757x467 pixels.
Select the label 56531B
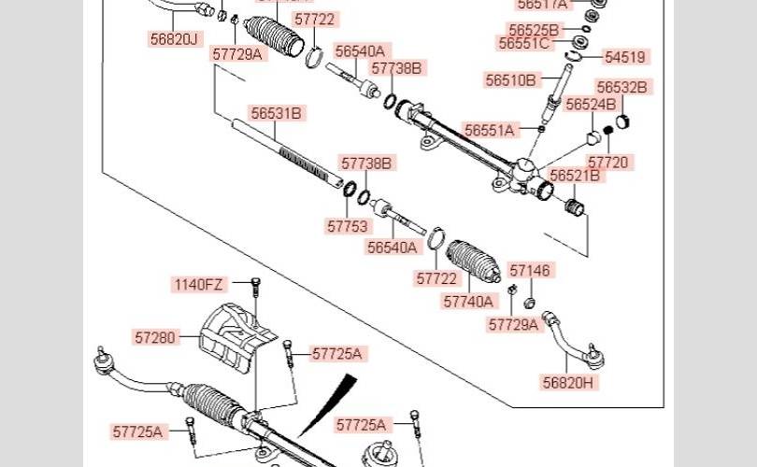[x=276, y=113]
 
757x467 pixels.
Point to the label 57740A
[x=470, y=302]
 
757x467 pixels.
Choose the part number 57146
[x=531, y=270]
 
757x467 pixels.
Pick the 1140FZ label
[x=198, y=284]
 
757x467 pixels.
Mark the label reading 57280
[x=154, y=336]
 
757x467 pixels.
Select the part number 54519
[x=625, y=57]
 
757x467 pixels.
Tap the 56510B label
[x=510, y=80]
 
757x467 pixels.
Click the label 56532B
[x=622, y=87]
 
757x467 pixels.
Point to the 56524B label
[x=591, y=104]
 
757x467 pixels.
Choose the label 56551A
[x=490, y=131]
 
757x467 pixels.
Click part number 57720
[x=609, y=162]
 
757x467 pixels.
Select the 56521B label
[x=575, y=176]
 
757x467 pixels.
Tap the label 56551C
[x=524, y=43]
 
